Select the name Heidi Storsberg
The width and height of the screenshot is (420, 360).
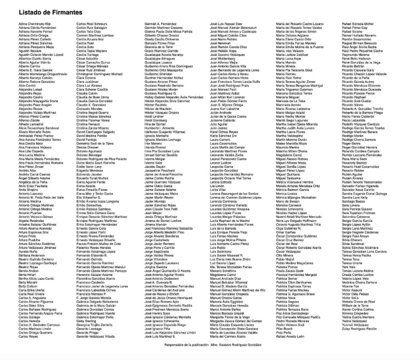[x=158, y=119]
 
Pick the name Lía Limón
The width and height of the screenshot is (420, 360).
[x=217, y=185]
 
